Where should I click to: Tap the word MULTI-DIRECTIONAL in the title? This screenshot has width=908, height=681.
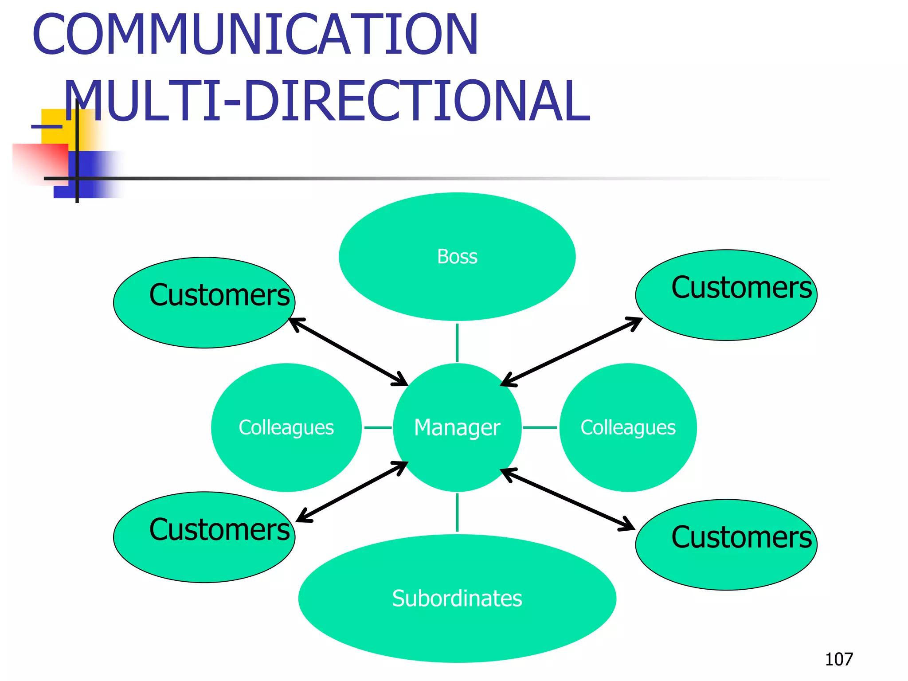point(327,102)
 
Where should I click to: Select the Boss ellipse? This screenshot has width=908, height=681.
point(457,257)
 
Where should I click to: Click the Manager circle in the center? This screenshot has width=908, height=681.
point(457,427)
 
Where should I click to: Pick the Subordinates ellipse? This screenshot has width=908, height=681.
point(457,598)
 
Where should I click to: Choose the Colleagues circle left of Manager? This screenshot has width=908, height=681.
point(286,427)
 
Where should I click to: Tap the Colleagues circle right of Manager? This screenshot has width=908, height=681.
point(628,427)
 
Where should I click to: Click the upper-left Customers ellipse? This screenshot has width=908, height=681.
point(204,303)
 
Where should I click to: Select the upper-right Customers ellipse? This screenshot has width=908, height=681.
point(726,295)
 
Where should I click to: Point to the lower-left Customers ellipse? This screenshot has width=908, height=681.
point(204,537)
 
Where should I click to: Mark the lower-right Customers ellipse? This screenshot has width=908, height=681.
point(726,545)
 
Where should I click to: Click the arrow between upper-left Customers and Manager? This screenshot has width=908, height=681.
point(348,352)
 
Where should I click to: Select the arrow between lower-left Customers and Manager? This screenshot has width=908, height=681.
point(352,492)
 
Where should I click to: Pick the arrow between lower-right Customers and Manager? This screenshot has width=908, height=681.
point(567,499)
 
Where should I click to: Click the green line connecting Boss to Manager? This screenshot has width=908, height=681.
point(457,342)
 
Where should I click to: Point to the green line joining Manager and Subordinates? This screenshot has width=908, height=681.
point(457,513)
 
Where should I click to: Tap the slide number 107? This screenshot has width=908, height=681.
point(839,659)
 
